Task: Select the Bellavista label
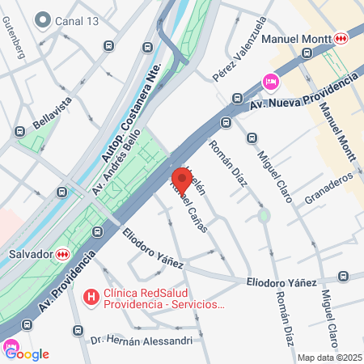tap(53, 114)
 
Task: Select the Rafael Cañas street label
tap(189, 207)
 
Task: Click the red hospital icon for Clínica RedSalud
tap(91, 298)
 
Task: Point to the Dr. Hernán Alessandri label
tap(142, 341)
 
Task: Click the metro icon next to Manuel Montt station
tap(343, 38)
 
